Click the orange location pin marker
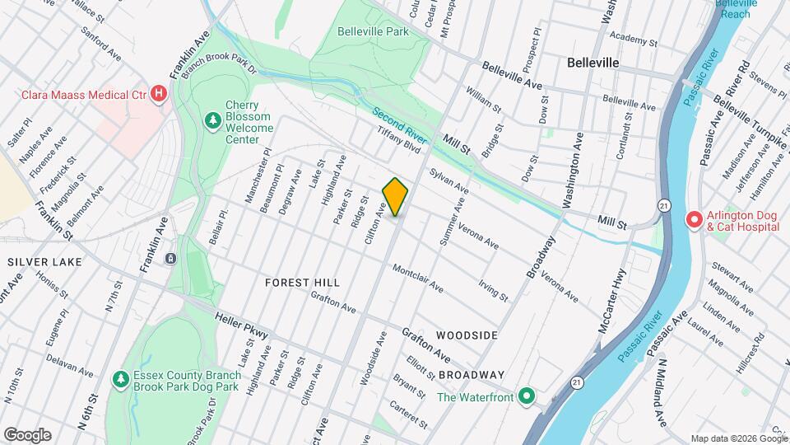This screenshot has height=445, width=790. (x=396, y=197)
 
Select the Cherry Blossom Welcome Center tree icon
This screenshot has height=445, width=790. (x=213, y=121)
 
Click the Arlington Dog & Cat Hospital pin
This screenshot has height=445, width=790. (x=694, y=220)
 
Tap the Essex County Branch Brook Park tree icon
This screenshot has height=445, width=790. (x=120, y=379)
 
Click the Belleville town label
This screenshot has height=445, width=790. (x=592, y=63)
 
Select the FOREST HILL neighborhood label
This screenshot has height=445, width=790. (x=303, y=282)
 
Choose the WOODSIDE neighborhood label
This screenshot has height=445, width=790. (x=467, y=335)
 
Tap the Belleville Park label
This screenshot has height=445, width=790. (x=373, y=31)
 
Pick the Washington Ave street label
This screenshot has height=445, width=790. (x=574, y=169)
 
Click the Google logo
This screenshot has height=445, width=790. (x=27, y=435)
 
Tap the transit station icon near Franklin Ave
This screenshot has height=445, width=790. (x=170, y=259)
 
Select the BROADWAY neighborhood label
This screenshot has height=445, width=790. (x=471, y=374)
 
